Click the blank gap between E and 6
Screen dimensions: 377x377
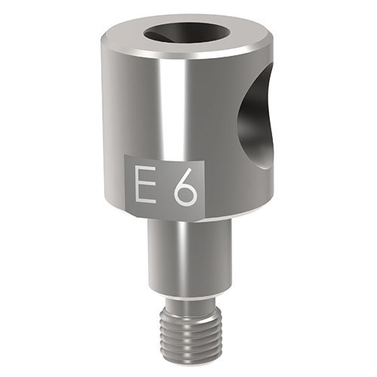point(161,188)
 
